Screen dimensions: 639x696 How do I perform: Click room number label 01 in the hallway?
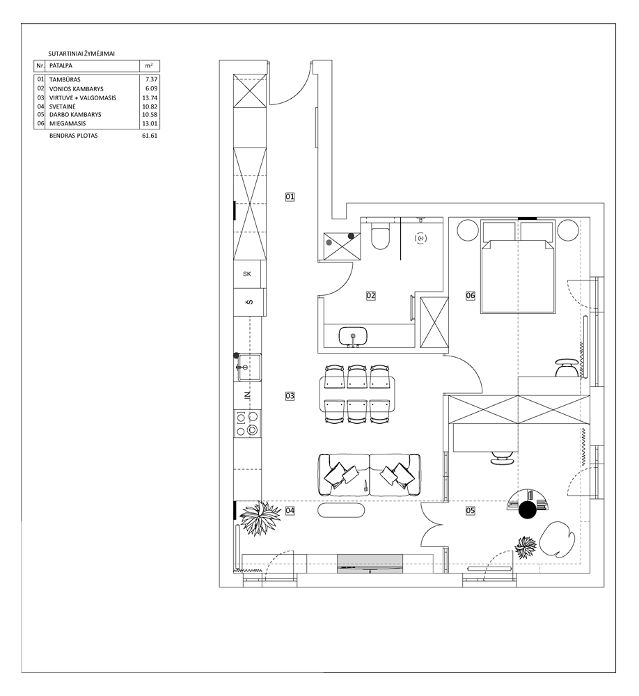pyautogui.click(x=290, y=196)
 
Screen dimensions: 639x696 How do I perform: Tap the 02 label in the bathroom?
pyautogui.click(x=371, y=295)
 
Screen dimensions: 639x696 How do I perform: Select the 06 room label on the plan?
pyautogui.click(x=471, y=295)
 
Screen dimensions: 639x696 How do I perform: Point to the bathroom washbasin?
pyautogui.click(x=353, y=336)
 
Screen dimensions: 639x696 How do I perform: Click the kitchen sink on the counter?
pyautogui.click(x=248, y=367)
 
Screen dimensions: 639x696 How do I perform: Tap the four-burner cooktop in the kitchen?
pyautogui.click(x=247, y=423)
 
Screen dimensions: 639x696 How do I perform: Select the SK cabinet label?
pyautogui.click(x=247, y=274)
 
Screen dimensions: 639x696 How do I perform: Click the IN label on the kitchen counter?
pyautogui.click(x=248, y=395)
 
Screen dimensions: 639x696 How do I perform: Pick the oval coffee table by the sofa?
pyautogui.click(x=342, y=509)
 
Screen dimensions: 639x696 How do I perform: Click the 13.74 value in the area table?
pyautogui.click(x=150, y=98)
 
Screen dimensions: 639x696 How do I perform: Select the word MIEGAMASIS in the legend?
pyautogui.click(x=68, y=123)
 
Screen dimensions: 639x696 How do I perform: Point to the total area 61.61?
pyautogui.click(x=150, y=136)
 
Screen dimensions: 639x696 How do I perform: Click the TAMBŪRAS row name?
pyautogui.click(x=65, y=79)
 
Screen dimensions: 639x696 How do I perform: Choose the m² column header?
pyautogui.click(x=149, y=65)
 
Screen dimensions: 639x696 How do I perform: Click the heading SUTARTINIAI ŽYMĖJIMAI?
pyautogui.click(x=81, y=54)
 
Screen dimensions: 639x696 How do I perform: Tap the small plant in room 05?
pyautogui.click(x=526, y=547)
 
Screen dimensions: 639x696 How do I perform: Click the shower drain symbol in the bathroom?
pyautogui.click(x=420, y=238)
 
